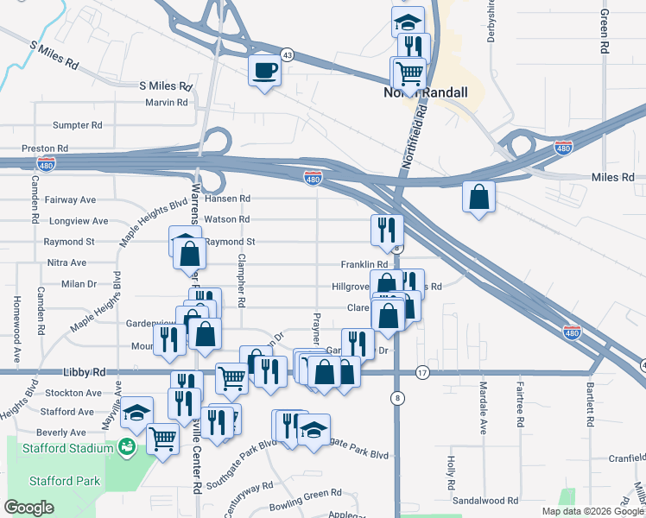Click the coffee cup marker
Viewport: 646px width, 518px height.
tap(264, 70)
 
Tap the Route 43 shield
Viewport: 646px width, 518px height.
tap(288, 54)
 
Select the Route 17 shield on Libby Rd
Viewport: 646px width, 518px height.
tap(421, 372)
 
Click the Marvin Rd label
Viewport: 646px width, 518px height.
tap(167, 103)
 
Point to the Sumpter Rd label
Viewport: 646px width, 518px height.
tap(78, 126)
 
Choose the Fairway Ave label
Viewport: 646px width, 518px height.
tap(64, 199)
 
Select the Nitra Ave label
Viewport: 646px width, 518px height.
tap(66, 262)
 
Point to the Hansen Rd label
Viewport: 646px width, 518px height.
tap(228, 199)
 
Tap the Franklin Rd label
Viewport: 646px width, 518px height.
tap(364, 264)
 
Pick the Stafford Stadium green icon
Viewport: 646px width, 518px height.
tap(127, 446)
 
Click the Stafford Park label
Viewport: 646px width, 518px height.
tap(65, 481)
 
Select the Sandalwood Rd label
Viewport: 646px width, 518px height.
tap(484, 500)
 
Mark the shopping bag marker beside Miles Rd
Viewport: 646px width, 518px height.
tap(478, 198)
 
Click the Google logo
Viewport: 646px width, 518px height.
tap(29, 508)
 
